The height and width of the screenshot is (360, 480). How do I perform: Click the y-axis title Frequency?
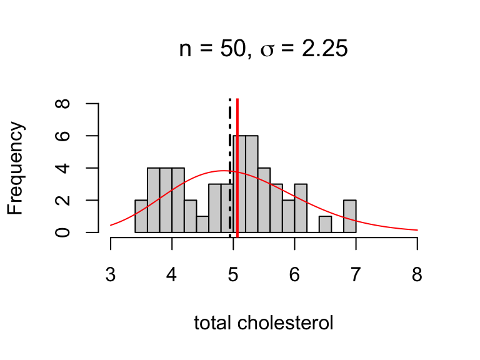pyautogui.click(x=16, y=168)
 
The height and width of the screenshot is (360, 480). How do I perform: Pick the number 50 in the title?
pyautogui.click(x=236, y=49)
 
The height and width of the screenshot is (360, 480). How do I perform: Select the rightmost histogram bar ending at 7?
pyautogui.click(x=350, y=216)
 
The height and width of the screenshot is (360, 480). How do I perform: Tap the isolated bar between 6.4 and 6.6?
pyautogui.click(x=325, y=224)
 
